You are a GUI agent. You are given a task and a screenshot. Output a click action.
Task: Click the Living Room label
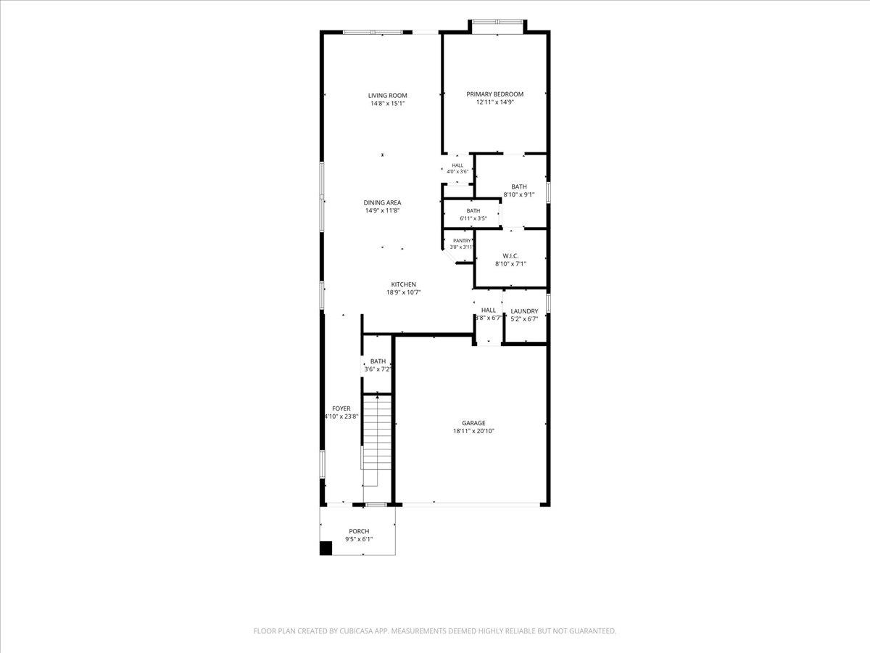pos(387,96)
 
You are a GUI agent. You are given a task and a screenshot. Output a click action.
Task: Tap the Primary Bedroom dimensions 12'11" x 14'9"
pos(494,102)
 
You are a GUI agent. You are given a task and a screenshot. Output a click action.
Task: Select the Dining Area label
pos(382,202)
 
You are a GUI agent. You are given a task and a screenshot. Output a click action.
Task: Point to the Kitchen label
pos(404,284)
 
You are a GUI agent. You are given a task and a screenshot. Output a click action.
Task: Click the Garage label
pos(473,423)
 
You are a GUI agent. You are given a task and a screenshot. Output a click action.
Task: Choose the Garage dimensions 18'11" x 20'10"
pos(473,431)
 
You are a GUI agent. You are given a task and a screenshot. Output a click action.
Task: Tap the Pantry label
pos(462,241)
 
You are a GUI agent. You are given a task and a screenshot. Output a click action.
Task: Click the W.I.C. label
pos(510,256)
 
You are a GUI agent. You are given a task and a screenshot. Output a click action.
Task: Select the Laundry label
pos(524,311)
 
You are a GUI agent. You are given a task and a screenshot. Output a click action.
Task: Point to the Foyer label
pos(341,408)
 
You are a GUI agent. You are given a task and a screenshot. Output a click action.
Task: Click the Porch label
pos(359,531)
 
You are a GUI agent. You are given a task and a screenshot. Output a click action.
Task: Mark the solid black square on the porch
pos(326,548)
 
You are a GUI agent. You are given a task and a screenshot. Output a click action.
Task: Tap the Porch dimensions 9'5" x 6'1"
pos(359,539)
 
